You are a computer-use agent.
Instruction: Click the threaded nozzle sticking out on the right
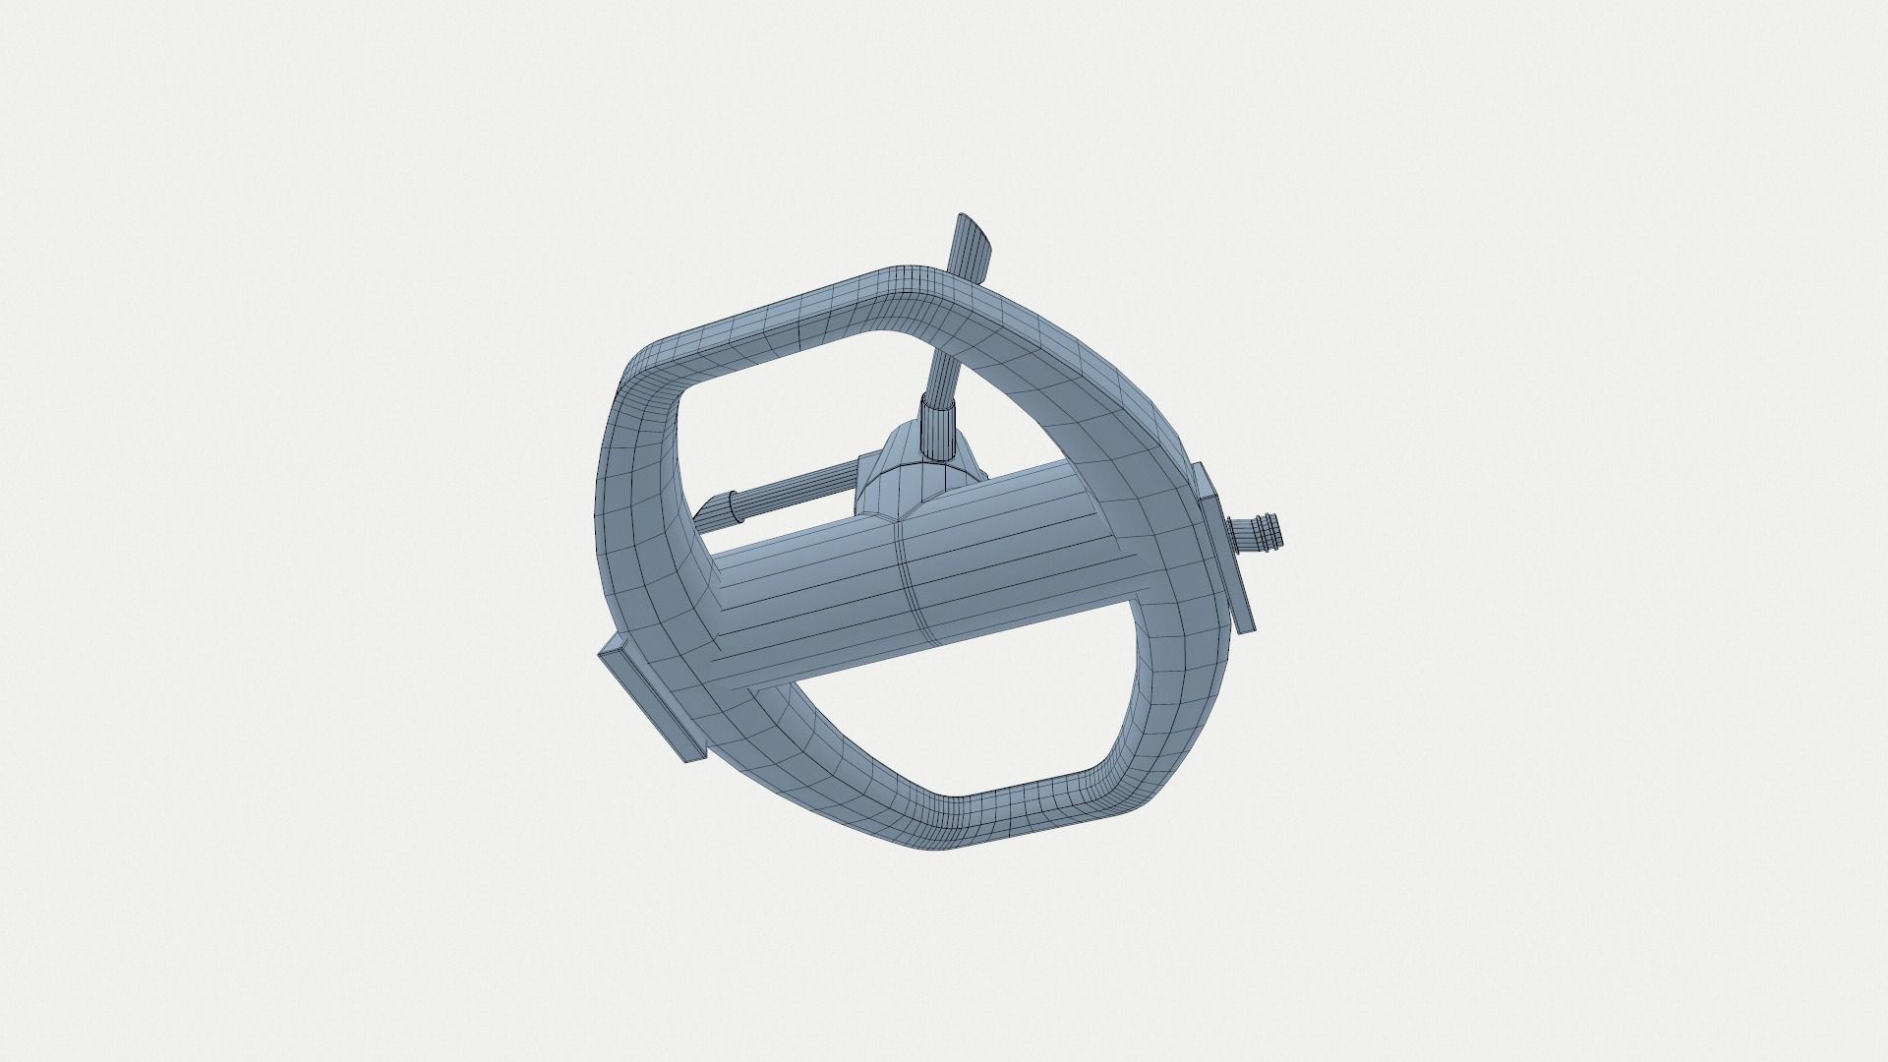(x=1259, y=533)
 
